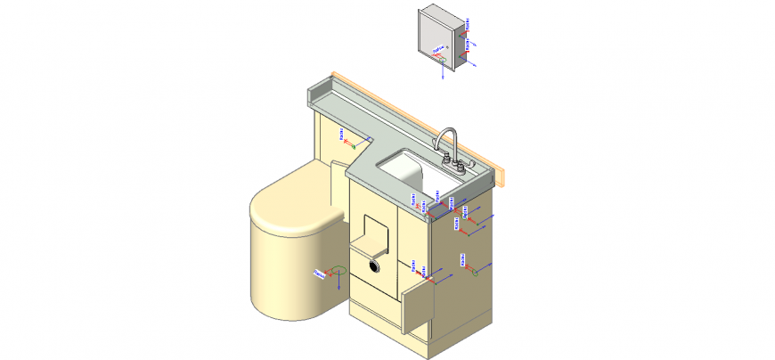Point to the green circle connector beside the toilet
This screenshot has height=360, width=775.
pos(337,270)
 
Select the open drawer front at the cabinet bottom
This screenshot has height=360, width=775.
pos(417,307)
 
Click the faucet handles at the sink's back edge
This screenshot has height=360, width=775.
pos(456,162)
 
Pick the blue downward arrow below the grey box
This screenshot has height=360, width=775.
pos(443,77)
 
